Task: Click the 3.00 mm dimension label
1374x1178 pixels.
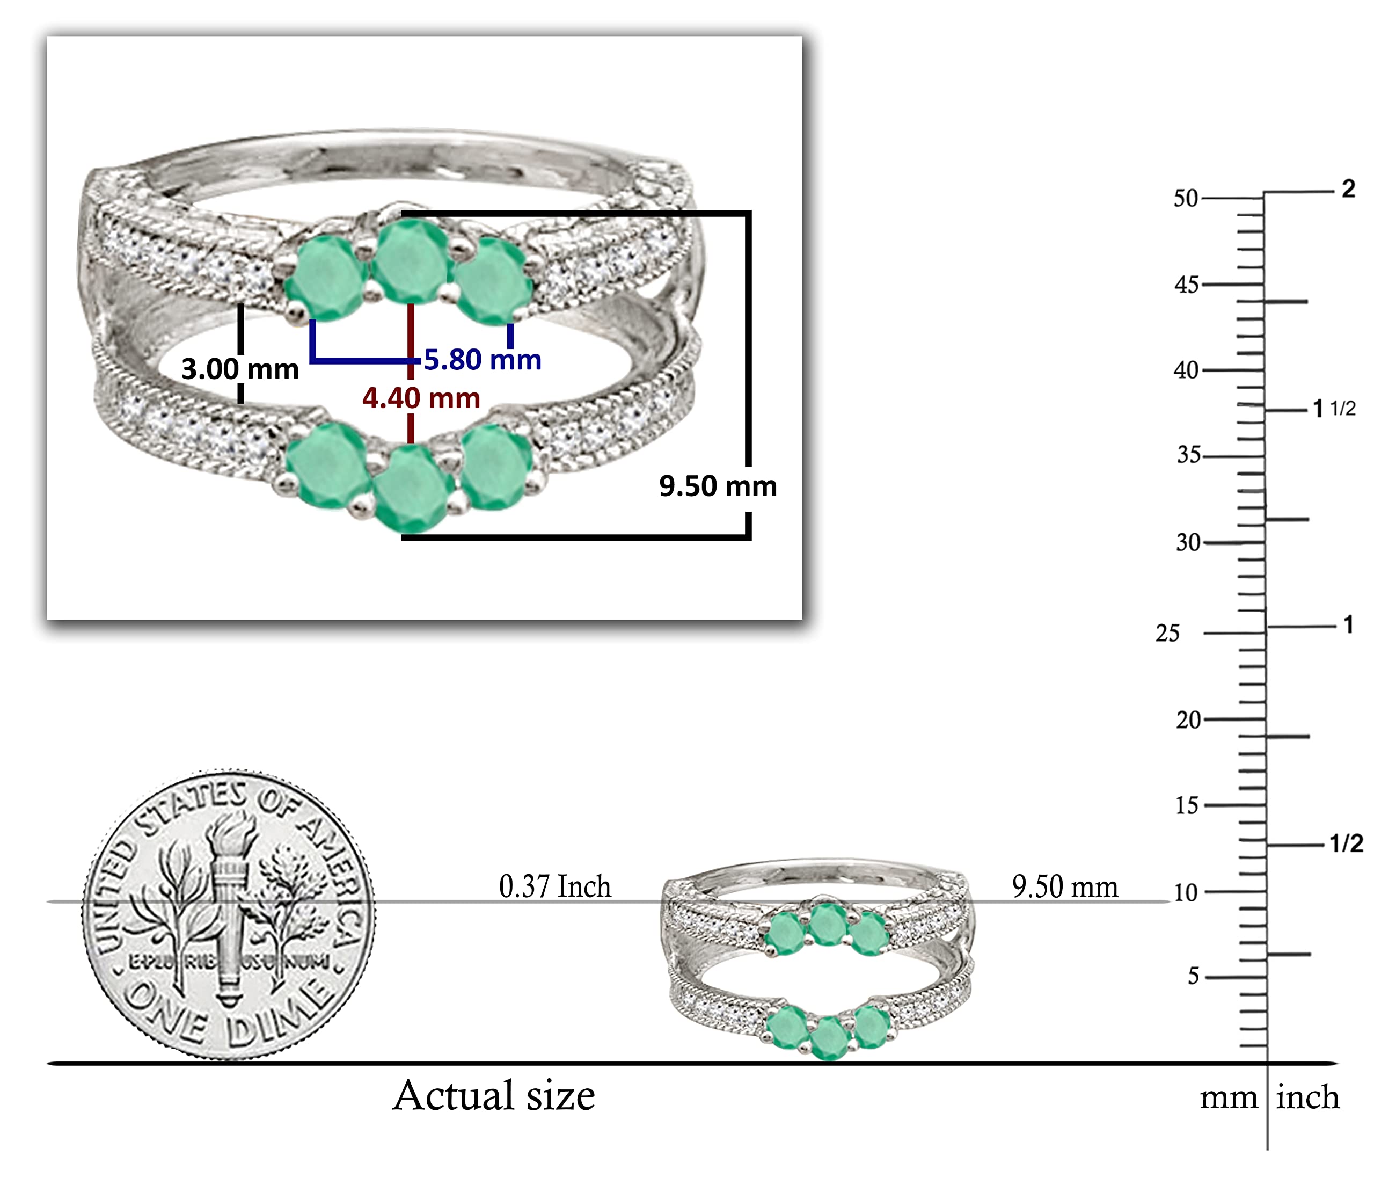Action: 240,369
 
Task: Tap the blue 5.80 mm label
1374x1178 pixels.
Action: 483,360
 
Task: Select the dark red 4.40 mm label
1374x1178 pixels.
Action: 421,398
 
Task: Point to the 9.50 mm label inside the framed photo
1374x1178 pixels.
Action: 718,486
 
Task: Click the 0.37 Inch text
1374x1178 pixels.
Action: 554,887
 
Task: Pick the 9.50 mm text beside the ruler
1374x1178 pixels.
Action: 1065,887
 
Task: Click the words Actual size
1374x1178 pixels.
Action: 493,1095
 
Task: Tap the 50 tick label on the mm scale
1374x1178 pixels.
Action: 1186,198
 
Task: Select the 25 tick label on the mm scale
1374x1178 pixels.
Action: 1168,634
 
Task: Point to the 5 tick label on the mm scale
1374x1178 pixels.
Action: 1193,976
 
